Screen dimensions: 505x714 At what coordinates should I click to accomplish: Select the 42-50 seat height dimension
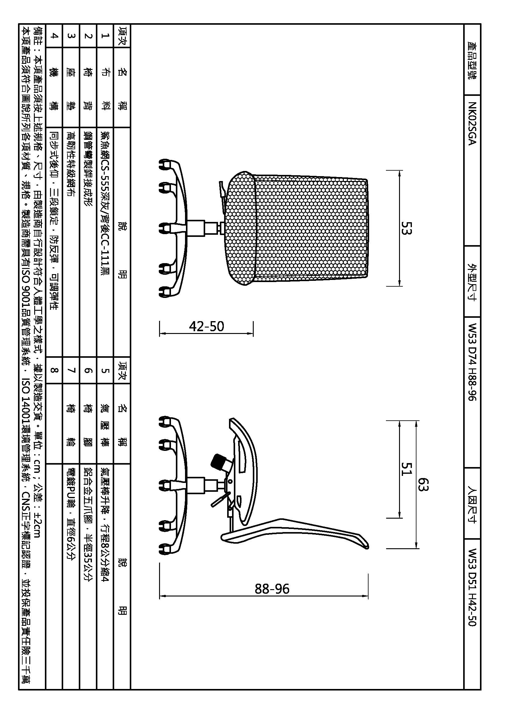point(206,326)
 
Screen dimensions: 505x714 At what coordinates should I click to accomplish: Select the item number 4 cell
point(54,36)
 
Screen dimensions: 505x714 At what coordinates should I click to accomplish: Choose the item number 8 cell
point(54,370)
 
